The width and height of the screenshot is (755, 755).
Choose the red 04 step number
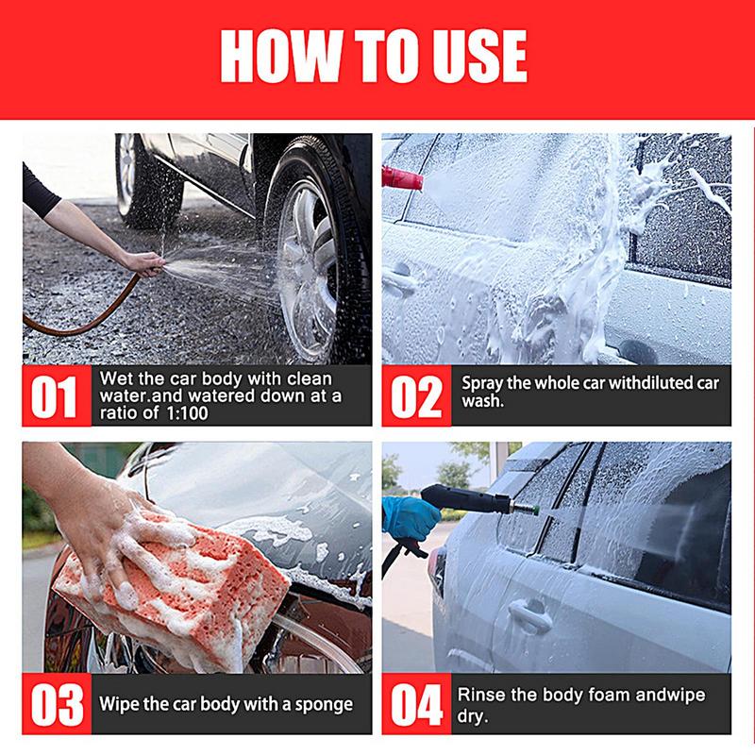tap(416, 704)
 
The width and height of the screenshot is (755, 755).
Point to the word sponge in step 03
tap(318, 705)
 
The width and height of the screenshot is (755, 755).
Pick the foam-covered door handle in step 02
tap(401, 279)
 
